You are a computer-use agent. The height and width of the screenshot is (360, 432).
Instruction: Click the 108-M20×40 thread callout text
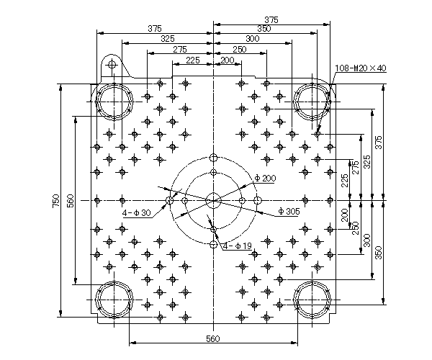[x=361, y=68]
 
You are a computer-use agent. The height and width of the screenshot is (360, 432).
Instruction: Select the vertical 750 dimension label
[x=56, y=201]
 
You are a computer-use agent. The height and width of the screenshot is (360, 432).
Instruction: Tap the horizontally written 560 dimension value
[x=213, y=338]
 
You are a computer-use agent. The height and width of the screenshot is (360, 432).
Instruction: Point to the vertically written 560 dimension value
[x=71, y=201]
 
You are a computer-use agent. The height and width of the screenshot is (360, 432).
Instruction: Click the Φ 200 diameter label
[x=265, y=179]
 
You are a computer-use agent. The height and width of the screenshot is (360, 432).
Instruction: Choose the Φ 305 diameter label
[x=289, y=211]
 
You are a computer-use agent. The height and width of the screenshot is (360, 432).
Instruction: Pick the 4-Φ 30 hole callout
[x=137, y=212]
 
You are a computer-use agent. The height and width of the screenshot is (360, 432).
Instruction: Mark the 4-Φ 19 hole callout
[x=238, y=246]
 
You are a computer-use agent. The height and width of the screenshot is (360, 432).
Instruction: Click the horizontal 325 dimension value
[x=168, y=39]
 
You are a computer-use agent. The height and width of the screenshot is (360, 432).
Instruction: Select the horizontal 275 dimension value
[x=179, y=49]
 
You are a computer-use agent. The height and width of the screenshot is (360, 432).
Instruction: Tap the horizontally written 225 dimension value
[x=192, y=60]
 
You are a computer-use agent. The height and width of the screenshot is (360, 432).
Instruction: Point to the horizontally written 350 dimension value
[x=264, y=28]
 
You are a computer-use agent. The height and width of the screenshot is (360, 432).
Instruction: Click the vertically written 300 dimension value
[x=367, y=240]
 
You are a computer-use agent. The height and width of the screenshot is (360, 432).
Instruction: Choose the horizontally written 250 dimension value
[x=240, y=49]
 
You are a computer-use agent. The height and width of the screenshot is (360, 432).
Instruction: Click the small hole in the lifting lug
[x=112, y=65]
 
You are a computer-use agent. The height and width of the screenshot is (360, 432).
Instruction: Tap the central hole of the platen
[x=214, y=201]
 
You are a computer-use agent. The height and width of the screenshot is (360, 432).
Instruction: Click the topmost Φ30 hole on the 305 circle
[x=214, y=158]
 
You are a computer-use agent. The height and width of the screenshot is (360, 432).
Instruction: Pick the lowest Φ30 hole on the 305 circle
[x=214, y=244]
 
